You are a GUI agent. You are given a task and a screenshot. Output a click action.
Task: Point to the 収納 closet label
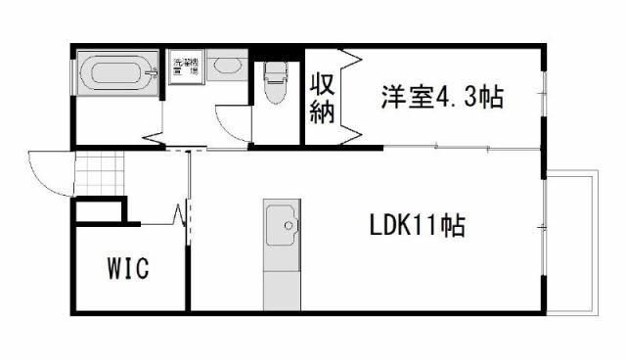(x=322, y=97)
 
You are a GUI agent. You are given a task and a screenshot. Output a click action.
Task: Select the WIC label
(x=127, y=268)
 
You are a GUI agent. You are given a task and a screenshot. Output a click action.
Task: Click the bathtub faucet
(x=151, y=71)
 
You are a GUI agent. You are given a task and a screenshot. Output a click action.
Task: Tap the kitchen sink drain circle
(x=289, y=227)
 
